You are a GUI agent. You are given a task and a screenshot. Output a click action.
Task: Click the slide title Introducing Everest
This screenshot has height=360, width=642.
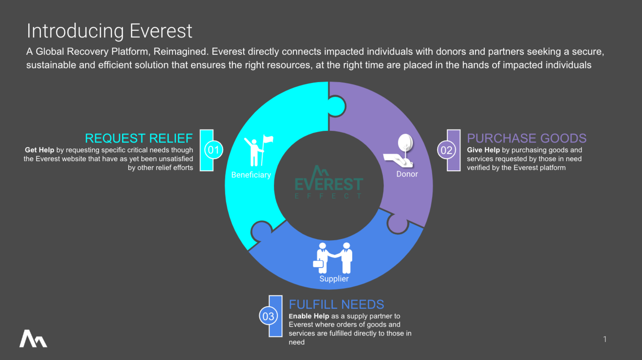tap(109, 31)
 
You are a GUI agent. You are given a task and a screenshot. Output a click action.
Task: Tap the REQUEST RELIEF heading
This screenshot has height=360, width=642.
tap(138, 138)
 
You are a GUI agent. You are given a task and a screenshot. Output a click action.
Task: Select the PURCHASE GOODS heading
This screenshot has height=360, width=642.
tap(526, 138)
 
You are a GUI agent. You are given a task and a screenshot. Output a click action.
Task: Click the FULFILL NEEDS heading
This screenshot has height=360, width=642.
tap(336, 304)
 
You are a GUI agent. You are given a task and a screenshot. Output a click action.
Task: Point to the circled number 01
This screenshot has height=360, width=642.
tap(214, 150)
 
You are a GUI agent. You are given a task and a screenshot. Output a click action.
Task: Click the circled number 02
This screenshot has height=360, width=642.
tap(446, 150)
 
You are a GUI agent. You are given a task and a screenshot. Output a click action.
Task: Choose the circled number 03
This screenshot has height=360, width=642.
tap(268, 316)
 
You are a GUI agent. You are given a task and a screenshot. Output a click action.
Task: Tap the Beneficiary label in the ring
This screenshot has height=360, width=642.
tap(251, 175)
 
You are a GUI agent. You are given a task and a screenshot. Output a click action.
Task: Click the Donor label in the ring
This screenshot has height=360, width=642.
tap(407, 174)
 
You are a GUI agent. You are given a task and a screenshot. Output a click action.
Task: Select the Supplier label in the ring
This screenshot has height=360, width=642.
tap(334, 279)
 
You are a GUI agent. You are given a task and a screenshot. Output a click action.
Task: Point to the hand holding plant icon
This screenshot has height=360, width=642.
tap(401, 151)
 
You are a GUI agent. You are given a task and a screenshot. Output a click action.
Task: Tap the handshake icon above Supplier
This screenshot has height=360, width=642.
tap(333, 257)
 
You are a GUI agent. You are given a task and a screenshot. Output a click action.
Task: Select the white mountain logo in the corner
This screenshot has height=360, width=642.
tap(33, 339)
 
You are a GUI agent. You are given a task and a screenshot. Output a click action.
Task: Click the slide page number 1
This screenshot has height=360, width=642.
tap(605, 339)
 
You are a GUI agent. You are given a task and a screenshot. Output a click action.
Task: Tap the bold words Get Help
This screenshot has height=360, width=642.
tap(40, 150)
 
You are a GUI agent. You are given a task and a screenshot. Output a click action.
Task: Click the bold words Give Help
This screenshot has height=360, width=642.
tap(483, 150)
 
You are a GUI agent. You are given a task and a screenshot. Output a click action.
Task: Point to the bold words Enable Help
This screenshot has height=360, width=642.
tap(309, 316)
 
